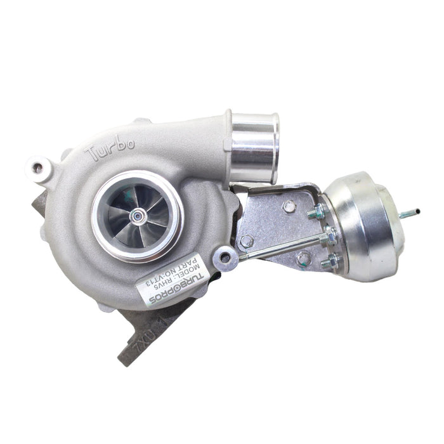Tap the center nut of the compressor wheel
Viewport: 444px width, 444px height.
pyautogui.click(x=137, y=216)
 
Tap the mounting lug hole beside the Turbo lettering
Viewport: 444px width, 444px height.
pyautogui.click(x=38, y=168)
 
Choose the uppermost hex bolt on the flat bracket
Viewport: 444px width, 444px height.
pyautogui.click(x=289, y=206)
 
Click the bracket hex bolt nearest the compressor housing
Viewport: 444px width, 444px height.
pyautogui.click(x=247, y=242)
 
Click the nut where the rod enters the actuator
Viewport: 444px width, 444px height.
pyautogui.click(x=329, y=239)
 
